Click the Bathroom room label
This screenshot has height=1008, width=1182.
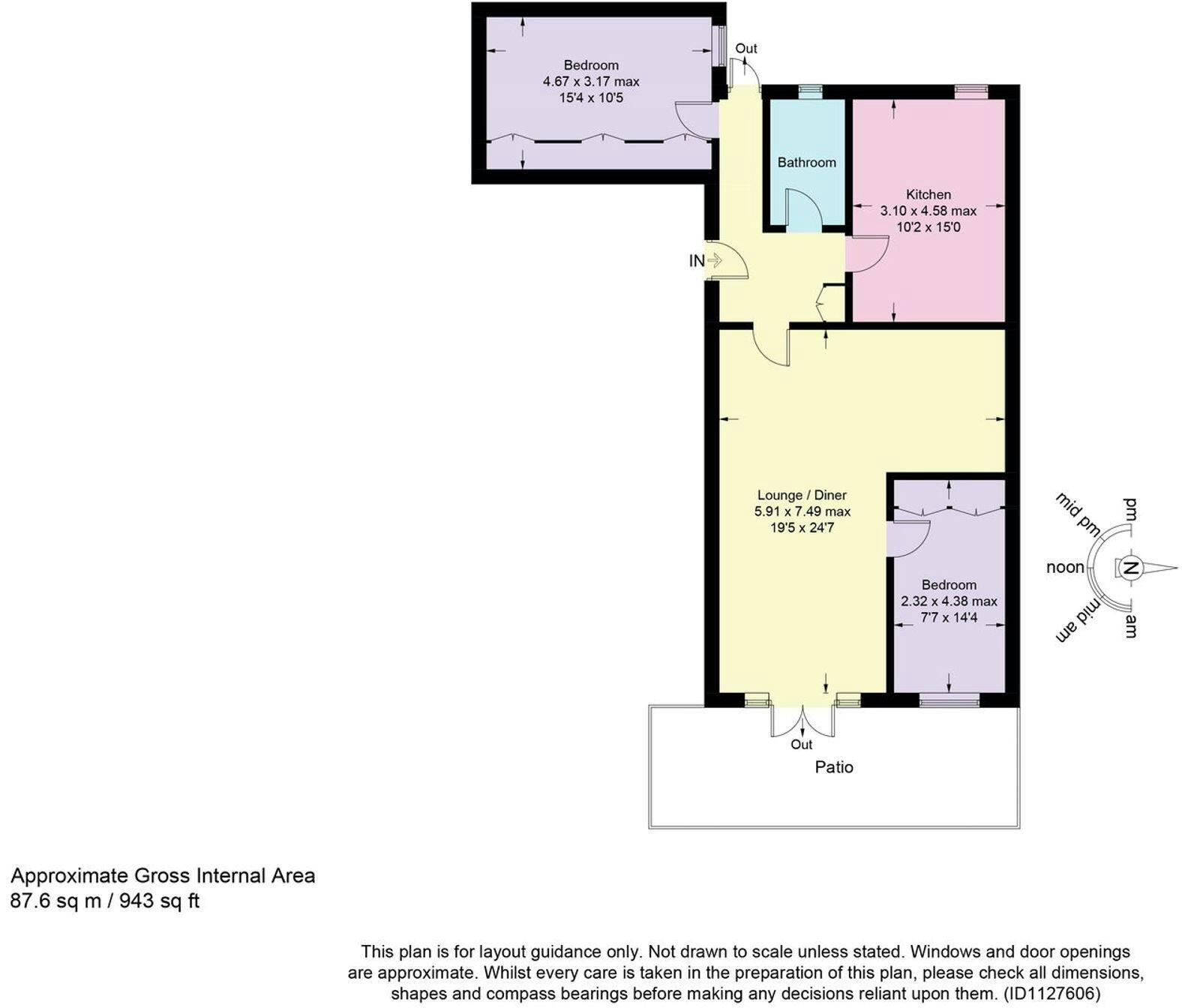pyautogui.click(x=806, y=163)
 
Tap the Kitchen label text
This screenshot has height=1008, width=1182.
pyautogui.click(x=928, y=194)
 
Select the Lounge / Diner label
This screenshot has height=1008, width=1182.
pyautogui.click(x=802, y=495)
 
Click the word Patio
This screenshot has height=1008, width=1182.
pyautogui.click(x=834, y=767)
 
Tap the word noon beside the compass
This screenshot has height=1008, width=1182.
pyautogui.click(x=1065, y=567)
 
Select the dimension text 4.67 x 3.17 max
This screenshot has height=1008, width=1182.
pyautogui.click(x=591, y=81)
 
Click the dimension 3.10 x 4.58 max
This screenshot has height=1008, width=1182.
pyautogui.click(x=928, y=211)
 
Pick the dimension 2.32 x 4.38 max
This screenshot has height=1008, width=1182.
pyautogui.click(x=949, y=601)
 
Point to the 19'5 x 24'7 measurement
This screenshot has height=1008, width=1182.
pyautogui.click(x=802, y=528)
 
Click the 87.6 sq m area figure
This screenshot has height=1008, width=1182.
pyautogui.click(x=56, y=901)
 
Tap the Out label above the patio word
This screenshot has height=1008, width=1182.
pyautogui.click(x=801, y=745)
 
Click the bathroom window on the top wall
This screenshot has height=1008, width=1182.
pyautogui.click(x=810, y=89)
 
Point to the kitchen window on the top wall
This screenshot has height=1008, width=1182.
pyautogui.click(x=971, y=89)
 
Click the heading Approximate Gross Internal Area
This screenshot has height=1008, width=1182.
pyautogui.click(x=163, y=876)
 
